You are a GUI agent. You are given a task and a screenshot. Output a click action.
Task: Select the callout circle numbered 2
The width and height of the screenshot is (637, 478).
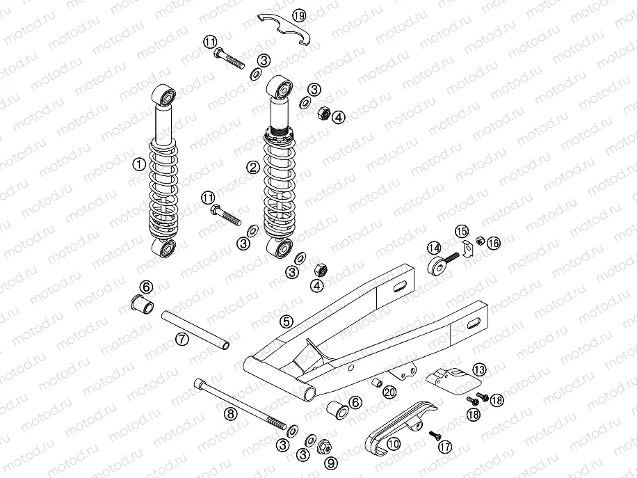tap(253, 166)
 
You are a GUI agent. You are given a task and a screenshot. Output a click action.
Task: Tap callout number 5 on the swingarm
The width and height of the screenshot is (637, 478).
tap(285, 321)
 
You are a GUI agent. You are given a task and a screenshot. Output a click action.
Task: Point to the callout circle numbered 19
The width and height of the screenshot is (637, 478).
tap(298, 15)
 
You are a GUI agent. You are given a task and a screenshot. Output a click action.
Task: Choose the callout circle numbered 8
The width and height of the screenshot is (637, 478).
tap(231, 413)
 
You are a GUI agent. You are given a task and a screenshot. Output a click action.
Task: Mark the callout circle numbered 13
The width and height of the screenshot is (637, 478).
tap(480, 369)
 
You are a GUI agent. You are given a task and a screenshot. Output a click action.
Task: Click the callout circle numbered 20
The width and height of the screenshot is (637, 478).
tap(389, 392)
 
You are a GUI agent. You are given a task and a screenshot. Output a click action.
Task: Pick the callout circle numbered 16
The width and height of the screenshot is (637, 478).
tap(493, 243)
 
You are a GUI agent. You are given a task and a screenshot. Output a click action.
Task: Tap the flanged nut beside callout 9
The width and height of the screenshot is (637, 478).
tap(323, 447)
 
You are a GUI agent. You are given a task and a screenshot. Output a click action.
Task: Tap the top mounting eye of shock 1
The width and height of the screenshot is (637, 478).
tap(166, 94)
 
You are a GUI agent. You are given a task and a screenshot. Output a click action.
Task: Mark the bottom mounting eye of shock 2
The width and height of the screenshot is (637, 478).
tap(281, 248)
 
